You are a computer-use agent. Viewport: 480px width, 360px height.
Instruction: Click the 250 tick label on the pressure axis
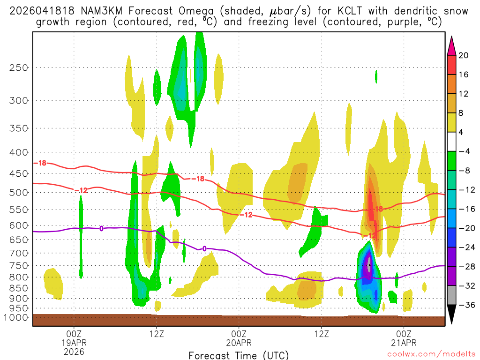point(18,67)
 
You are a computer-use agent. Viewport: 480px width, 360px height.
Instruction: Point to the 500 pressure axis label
point(18,192)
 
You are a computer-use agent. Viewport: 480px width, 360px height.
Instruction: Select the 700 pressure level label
point(18,253)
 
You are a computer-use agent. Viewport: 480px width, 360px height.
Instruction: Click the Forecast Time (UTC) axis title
point(239,355)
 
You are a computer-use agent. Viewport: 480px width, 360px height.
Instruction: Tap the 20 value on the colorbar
point(464,55)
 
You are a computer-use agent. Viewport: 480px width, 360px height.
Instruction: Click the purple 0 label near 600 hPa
point(101,228)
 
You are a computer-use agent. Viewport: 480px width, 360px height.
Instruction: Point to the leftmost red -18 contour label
point(42,163)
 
